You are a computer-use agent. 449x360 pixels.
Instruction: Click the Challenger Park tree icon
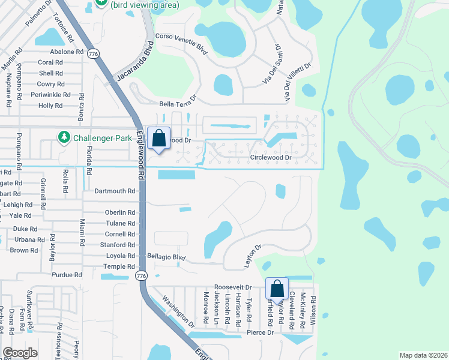tap(64, 138)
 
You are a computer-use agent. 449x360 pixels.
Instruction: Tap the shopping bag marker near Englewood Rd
tap(158, 139)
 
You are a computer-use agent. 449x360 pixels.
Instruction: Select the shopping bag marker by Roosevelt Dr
tap(277, 289)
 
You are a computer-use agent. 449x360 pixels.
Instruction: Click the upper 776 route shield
tap(92, 54)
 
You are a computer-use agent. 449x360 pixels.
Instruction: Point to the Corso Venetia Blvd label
tap(181, 44)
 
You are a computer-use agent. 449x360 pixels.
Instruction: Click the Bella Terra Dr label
tap(178, 101)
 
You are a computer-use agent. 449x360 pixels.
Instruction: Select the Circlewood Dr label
tap(270, 158)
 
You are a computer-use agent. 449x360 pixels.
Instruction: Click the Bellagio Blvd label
tap(166, 257)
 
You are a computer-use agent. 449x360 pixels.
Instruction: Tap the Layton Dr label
tap(253, 256)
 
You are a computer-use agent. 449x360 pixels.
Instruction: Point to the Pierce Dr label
tap(260, 332)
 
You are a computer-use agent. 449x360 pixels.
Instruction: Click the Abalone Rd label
tap(67, 52)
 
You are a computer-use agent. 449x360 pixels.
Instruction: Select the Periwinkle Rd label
tap(50, 95)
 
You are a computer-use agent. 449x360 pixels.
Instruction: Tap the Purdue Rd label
tap(67, 275)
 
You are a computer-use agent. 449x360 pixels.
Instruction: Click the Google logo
tap(20, 353)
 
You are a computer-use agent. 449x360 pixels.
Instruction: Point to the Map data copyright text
tap(423, 355)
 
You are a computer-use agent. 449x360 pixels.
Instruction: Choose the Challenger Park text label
tap(103, 138)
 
